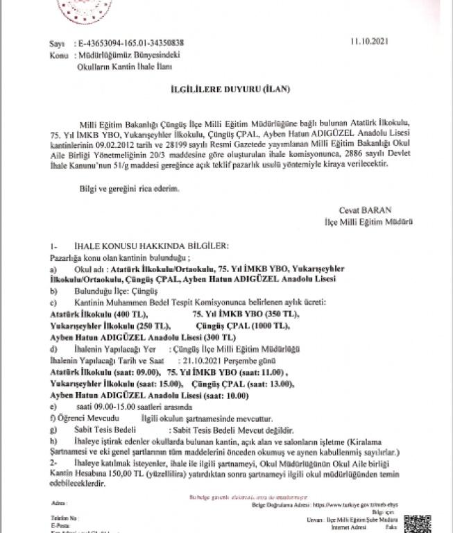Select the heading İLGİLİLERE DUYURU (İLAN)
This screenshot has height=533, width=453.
tap(225, 90)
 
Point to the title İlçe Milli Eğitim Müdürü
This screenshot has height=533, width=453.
tap(369, 222)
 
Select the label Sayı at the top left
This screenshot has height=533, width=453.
tap(56, 43)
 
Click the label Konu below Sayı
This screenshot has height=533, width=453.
tap(58, 54)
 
